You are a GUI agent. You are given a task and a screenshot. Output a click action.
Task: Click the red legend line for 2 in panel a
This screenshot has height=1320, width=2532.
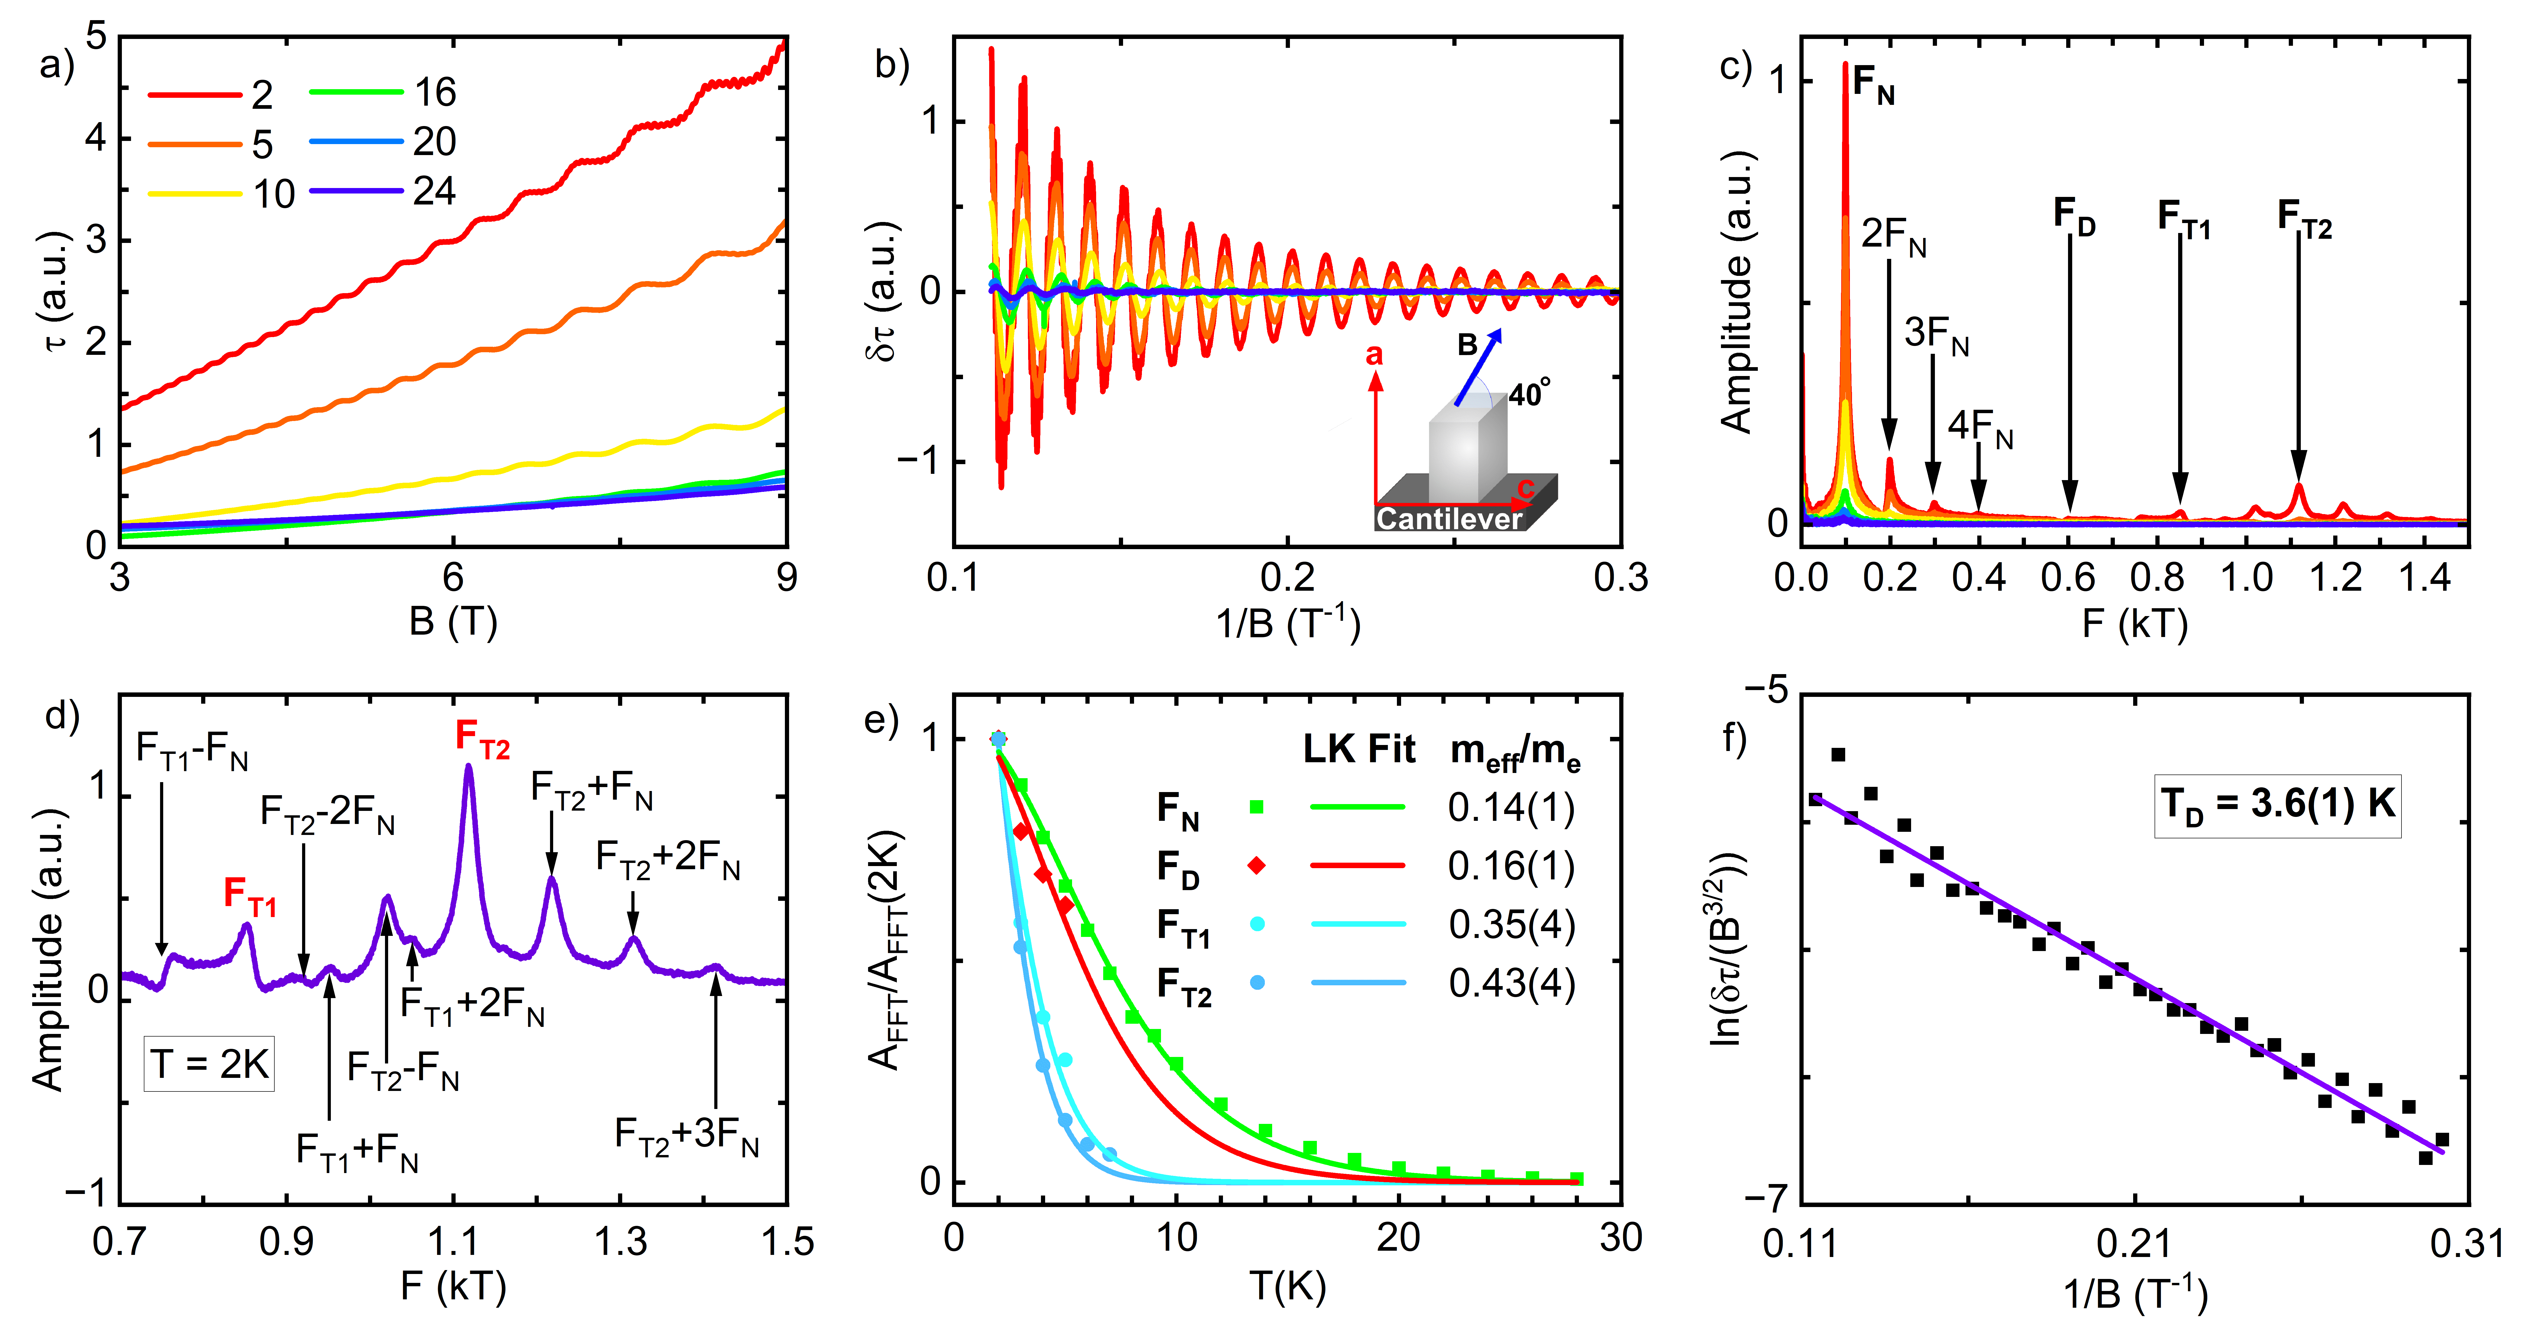(195, 94)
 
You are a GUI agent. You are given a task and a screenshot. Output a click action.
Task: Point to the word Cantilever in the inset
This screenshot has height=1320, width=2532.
(1449, 518)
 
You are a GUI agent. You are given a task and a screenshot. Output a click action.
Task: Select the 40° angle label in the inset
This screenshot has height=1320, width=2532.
(1530, 393)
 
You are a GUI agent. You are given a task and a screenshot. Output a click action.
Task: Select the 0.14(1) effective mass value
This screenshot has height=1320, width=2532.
(1511, 808)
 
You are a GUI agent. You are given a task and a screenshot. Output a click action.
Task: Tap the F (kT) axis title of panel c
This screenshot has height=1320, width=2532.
(2134, 623)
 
